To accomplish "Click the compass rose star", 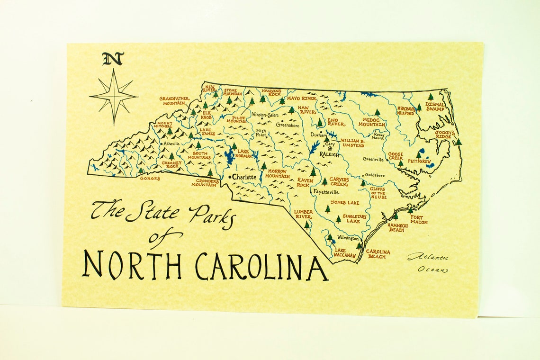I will (114, 96).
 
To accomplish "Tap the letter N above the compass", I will (113, 59).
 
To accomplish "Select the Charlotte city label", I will (244, 177).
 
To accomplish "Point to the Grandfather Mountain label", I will (174, 101).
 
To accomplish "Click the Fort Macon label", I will (418, 219).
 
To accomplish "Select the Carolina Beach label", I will (378, 254).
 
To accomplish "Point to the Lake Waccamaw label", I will (345, 253).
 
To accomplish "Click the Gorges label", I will (150, 179).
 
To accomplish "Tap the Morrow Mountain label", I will (278, 174).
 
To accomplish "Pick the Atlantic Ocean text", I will (428, 263).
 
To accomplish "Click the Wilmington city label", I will (348, 238).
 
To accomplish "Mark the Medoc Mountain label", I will (371, 122).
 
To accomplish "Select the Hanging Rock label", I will (271, 92).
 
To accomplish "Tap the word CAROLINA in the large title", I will (261, 266).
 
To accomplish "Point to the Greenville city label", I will (373, 160).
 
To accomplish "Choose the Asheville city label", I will (171, 144).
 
